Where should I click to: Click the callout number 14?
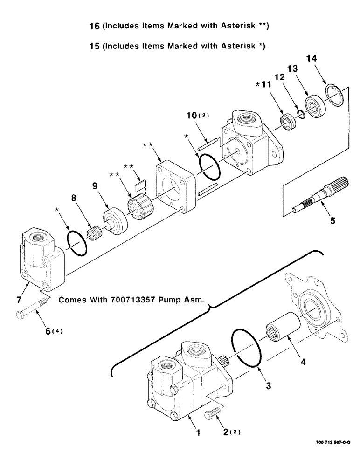click(x=312, y=59)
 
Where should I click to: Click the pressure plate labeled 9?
click(x=114, y=222)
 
